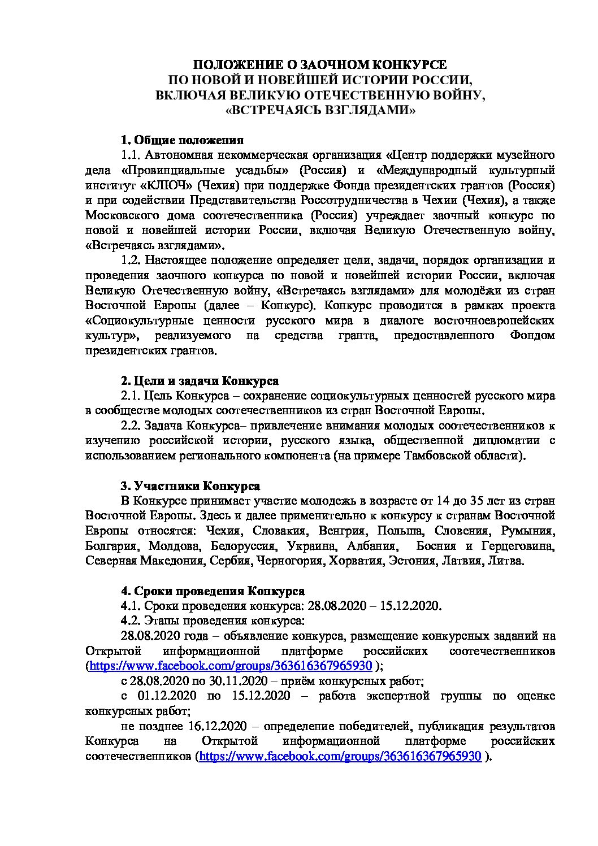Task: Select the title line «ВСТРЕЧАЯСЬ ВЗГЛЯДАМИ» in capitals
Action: click(320, 110)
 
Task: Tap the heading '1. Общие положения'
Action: click(182, 140)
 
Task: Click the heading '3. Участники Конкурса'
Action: click(190, 486)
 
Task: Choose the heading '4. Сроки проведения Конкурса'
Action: click(213, 591)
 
